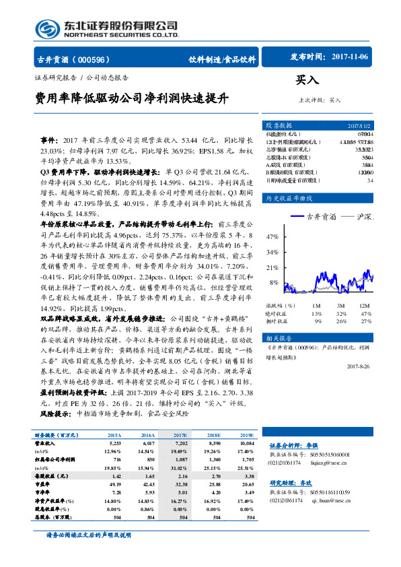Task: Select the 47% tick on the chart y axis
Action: pos(272,237)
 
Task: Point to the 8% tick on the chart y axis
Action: pos(275,283)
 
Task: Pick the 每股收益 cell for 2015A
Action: pos(114,475)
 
